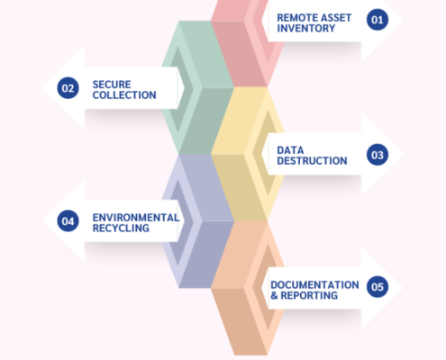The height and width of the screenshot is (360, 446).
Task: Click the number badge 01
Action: [x=378, y=20]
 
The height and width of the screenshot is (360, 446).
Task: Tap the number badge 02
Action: [x=68, y=88]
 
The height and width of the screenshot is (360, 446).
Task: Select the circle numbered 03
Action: [x=378, y=155]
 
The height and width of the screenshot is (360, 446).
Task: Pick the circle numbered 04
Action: [x=68, y=220]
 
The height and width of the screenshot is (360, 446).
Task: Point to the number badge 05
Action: [x=378, y=287]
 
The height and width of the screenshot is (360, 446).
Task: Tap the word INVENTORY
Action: [x=306, y=28]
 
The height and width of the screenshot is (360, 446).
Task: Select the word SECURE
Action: [x=112, y=85]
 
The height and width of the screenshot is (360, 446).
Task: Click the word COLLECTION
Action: [x=124, y=95]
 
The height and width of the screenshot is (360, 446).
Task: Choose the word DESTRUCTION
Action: [x=312, y=161]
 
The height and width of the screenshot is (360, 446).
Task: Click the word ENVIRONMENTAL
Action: [x=136, y=218]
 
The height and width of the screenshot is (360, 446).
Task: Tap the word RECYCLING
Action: [x=121, y=228]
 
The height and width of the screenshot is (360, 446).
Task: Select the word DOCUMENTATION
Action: [x=314, y=284]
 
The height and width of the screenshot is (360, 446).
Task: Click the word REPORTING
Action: [x=309, y=295]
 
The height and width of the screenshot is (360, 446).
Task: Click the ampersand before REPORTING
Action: [x=274, y=295]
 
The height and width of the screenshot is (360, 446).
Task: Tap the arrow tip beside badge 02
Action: [x=43, y=88]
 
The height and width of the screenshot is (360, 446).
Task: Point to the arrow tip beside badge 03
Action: [x=403, y=154]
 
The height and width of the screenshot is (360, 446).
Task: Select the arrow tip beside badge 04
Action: [x=43, y=220]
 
